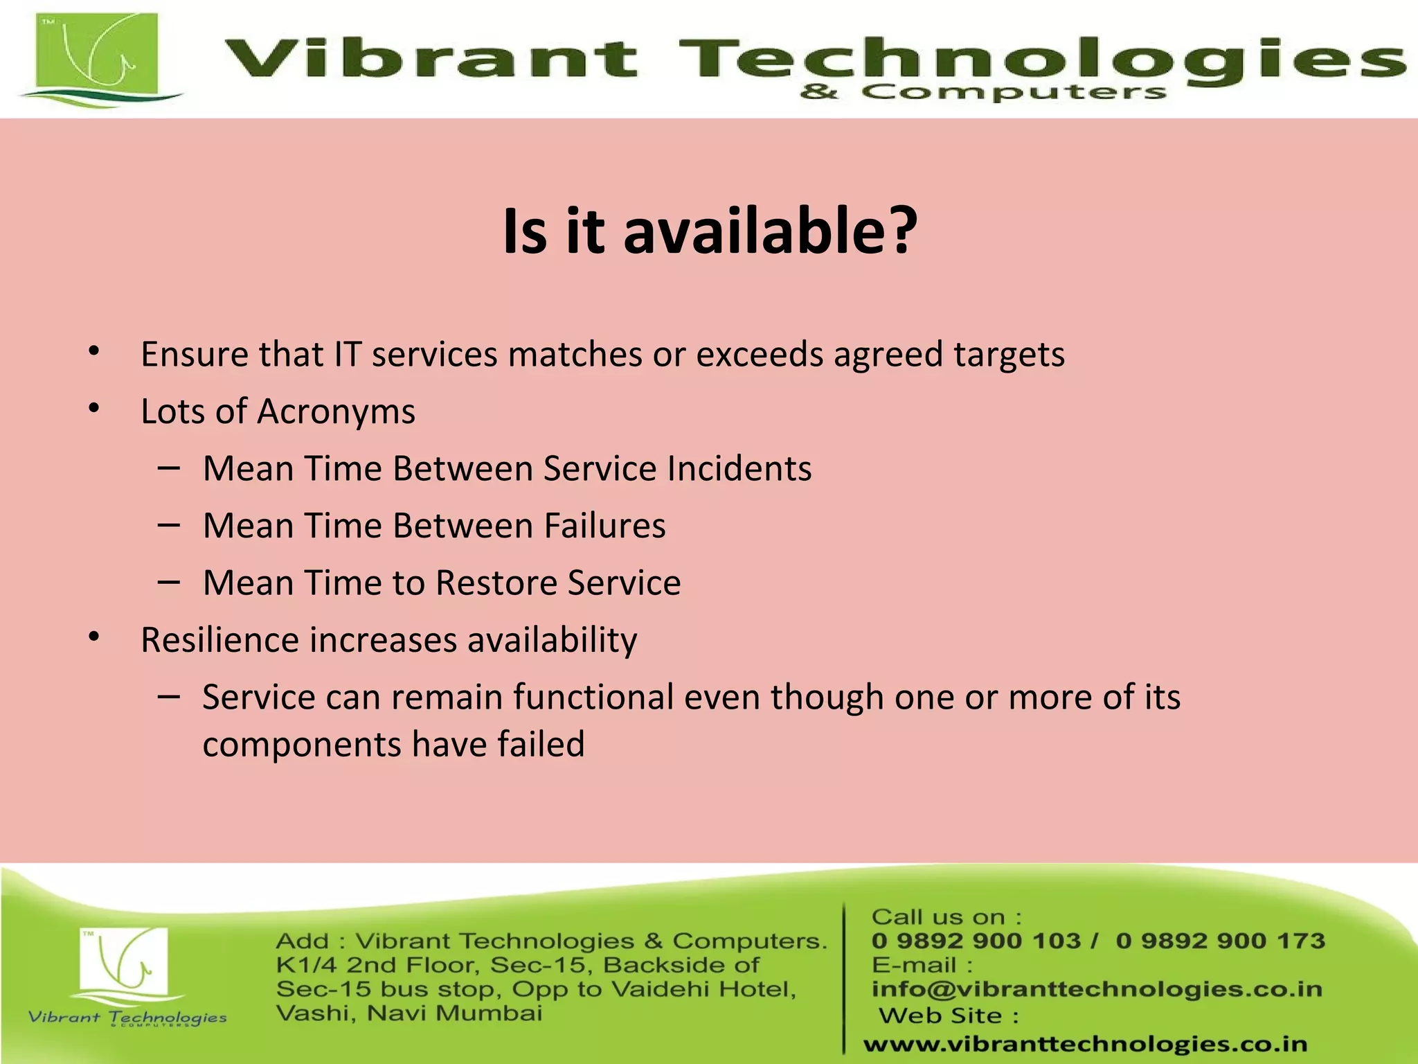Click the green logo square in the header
tap(97, 55)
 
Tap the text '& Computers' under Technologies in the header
tap(983, 92)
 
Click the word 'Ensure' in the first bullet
tap(194, 355)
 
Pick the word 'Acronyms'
tap(336, 412)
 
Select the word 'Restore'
tap(496, 583)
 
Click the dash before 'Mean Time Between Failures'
tap(168, 525)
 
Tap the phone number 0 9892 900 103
tap(976, 941)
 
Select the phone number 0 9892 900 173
tap(1220, 941)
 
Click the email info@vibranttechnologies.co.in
tap(1097, 989)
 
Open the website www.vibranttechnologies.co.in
tap(1085, 1044)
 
